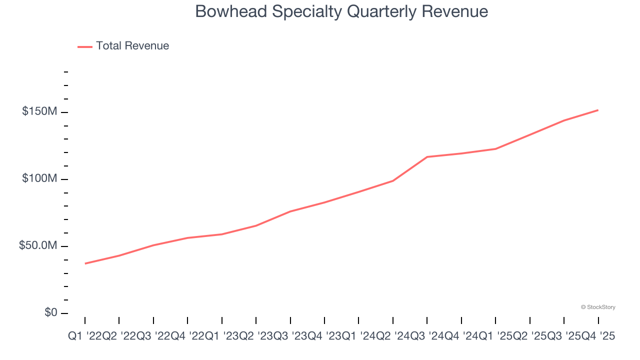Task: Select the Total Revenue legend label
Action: click(x=132, y=46)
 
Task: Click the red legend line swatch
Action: click(x=85, y=46)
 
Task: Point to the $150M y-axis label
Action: click(x=39, y=111)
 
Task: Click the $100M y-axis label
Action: click(x=39, y=178)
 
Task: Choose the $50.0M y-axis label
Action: click(x=38, y=246)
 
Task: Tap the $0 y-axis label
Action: click(x=51, y=312)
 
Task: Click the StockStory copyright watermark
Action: click(x=598, y=307)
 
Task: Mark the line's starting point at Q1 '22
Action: click(x=85, y=263)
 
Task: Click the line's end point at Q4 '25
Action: click(x=598, y=110)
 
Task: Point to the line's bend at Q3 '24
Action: click(x=427, y=157)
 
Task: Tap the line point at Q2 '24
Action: click(x=393, y=180)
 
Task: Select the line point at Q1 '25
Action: click(x=495, y=149)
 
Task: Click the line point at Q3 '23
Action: click(x=290, y=211)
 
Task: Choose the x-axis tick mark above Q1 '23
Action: click(x=222, y=320)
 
